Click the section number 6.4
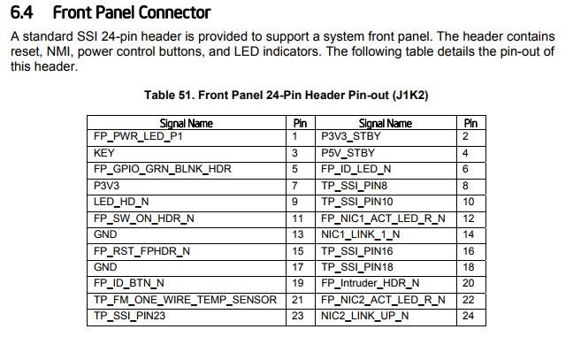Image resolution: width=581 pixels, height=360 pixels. pyautogui.click(x=21, y=12)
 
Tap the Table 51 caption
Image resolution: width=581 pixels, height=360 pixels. pyautogui.click(x=286, y=95)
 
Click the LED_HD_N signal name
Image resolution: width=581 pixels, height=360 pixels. pyautogui.click(x=121, y=202)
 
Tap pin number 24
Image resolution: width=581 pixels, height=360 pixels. pyautogui.click(x=468, y=316)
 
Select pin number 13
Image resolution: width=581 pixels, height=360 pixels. pyautogui.click(x=297, y=234)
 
